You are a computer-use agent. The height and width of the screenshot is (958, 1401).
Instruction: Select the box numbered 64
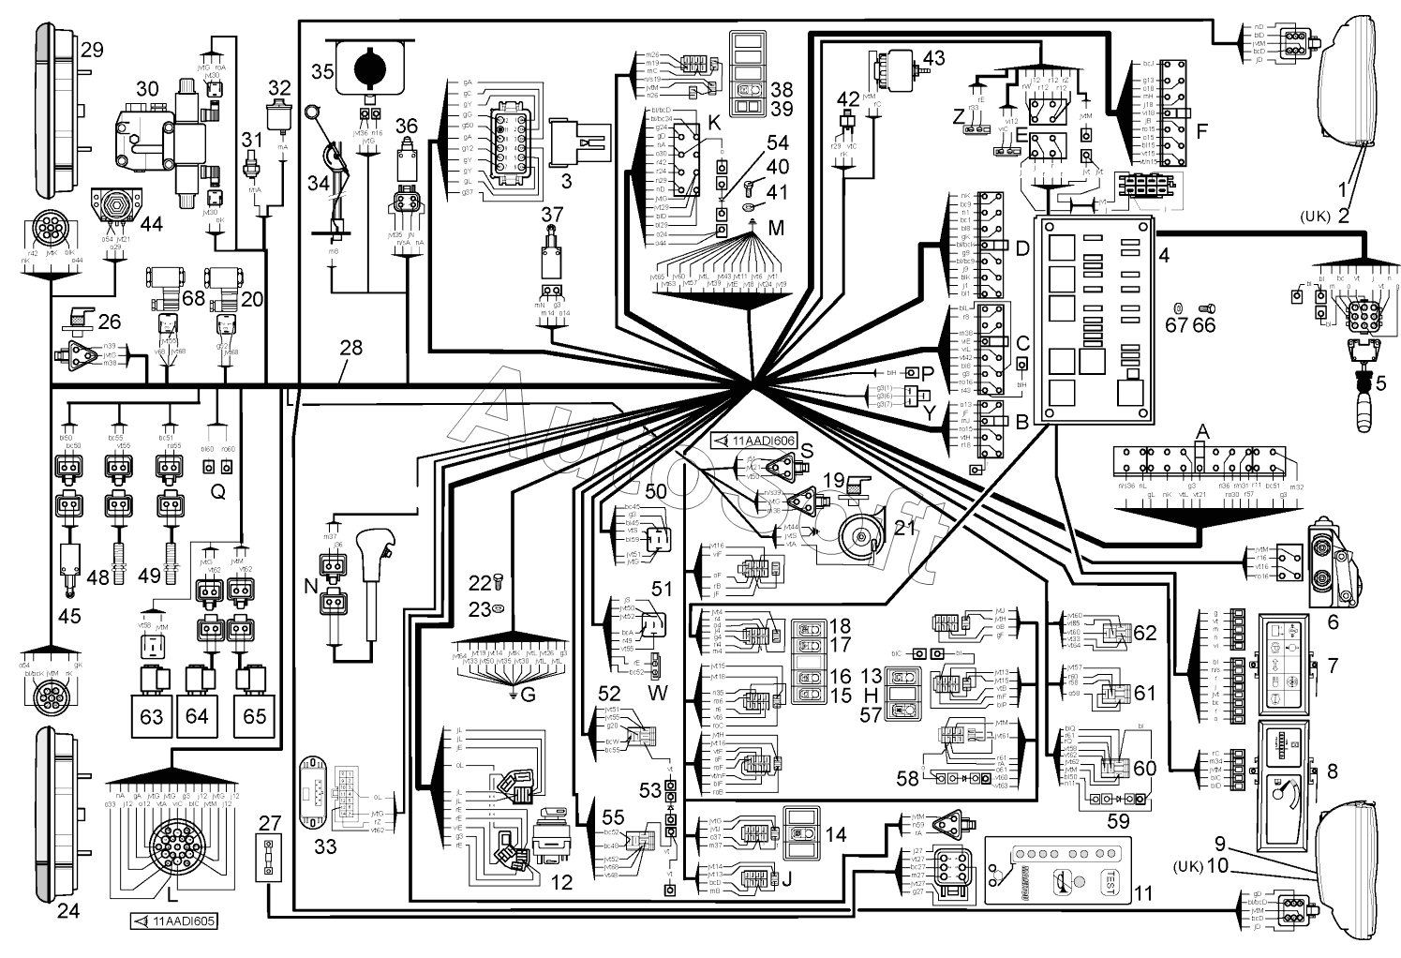197,717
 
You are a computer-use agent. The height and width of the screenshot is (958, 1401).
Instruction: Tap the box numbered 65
255,717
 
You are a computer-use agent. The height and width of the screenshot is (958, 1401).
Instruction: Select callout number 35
322,71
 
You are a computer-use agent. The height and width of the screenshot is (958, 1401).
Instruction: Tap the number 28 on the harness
351,349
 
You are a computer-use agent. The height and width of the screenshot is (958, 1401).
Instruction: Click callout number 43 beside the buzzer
934,59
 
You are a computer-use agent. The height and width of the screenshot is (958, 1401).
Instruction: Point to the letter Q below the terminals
216,497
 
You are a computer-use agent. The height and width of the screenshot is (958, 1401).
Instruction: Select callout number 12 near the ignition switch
561,881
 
